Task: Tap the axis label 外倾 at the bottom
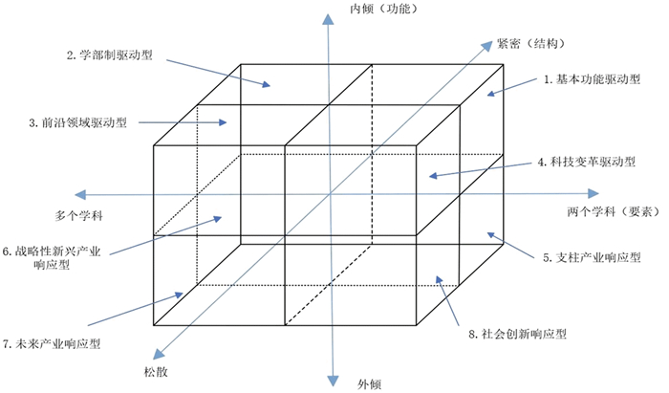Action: (369, 384)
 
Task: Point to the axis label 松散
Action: (141, 368)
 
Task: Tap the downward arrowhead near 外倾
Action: (332, 381)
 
